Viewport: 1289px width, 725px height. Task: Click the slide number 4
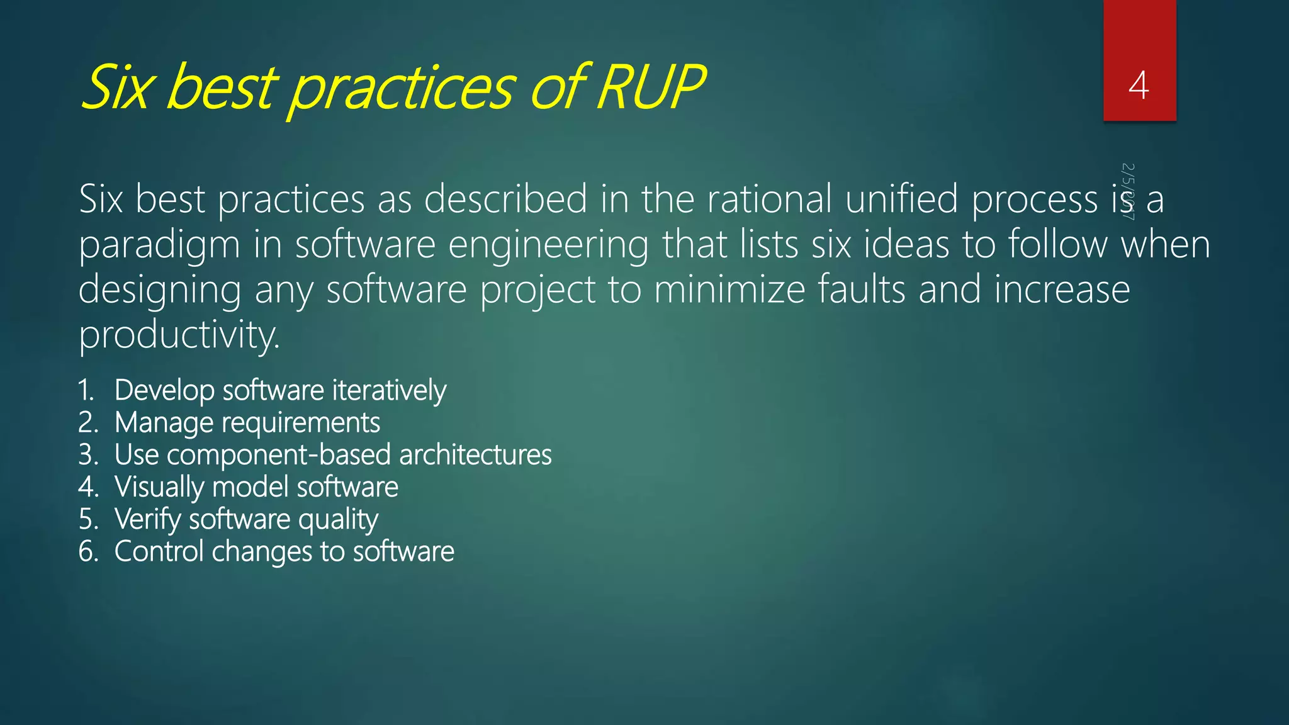point(1139,86)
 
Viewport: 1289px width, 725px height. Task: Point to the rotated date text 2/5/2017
point(1128,191)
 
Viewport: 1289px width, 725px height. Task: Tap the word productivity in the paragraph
point(179,336)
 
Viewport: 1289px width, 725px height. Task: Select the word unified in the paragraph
point(901,200)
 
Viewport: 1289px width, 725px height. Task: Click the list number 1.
point(86,391)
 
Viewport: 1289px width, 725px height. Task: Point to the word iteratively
point(390,391)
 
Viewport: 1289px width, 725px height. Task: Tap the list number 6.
point(88,552)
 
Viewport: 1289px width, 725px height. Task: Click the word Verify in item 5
point(148,520)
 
